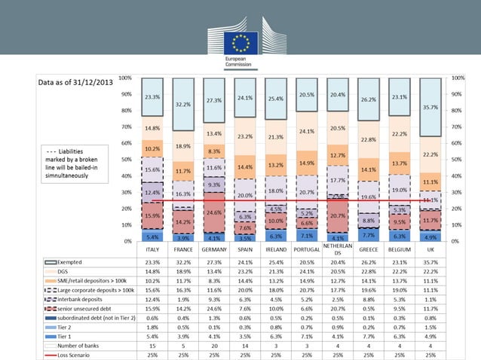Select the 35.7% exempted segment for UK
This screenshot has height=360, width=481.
[x=430, y=107]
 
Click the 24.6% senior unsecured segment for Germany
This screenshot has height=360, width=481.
[x=215, y=212]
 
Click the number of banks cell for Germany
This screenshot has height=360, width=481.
[x=215, y=342]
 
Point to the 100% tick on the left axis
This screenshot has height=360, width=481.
[x=126, y=77]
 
